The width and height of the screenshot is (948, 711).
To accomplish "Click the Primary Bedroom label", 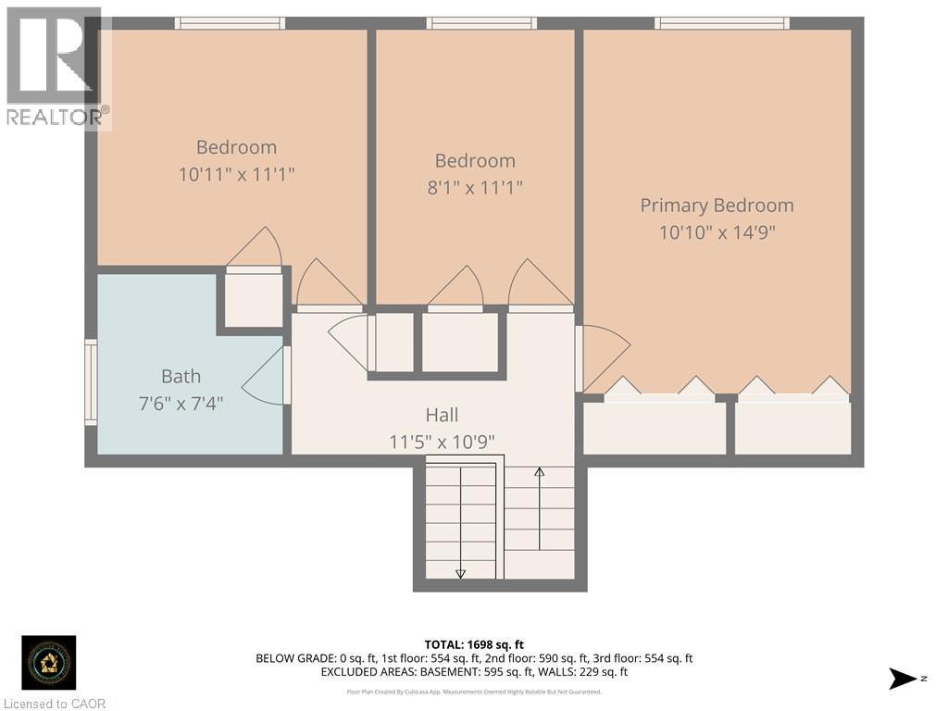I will pyautogui.click(x=717, y=206).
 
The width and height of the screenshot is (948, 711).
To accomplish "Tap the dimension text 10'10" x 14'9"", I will pyautogui.click(x=717, y=231).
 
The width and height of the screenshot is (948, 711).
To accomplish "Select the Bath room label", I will pyautogui.click(x=181, y=376).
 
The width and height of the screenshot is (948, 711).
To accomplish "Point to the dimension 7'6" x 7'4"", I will pyautogui.click(x=181, y=403).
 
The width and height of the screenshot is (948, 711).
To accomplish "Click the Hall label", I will pyautogui.click(x=442, y=416).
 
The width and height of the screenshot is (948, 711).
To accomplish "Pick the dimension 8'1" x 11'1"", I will pyautogui.click(x=475, y=187).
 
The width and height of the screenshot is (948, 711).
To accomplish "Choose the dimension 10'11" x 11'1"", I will pyautogui.click(x=236, y=173).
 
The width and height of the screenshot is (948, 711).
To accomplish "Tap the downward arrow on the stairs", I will pyautogui.click(x=460, y=571).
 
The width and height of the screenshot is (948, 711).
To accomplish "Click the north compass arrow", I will pyautogui.click(x=902, y=679).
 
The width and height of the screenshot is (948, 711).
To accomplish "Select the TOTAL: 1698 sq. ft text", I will pyautogui.click(x=474, y=644).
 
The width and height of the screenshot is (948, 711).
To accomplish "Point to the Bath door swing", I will pyautogui.click(x=264, y=375).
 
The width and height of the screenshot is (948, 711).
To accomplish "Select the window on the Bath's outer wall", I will pyautogui.click(x=91, y=382).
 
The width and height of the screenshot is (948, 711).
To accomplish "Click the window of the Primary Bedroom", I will pyautogui.click(x=722, y=23).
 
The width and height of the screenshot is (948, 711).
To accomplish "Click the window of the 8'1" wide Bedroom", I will pyautogui.click(x=481, y=23).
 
